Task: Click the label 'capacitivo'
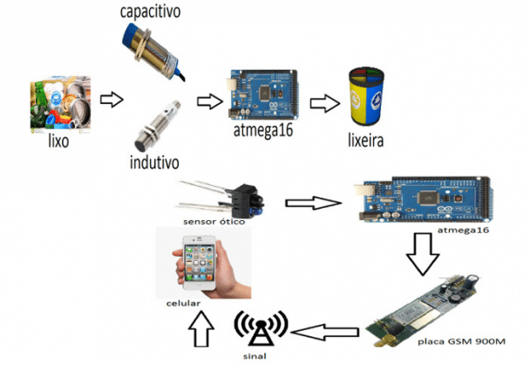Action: (x=156, y=12)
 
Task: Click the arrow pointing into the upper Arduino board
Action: (x=208, y=101)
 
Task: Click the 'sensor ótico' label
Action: (x=214, y=222)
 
